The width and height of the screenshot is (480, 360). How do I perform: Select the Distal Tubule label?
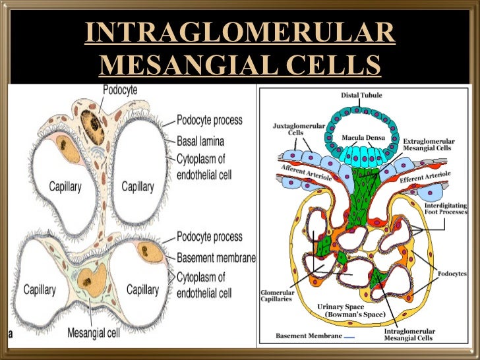359,95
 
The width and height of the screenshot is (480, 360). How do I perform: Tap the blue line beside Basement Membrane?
349,336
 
